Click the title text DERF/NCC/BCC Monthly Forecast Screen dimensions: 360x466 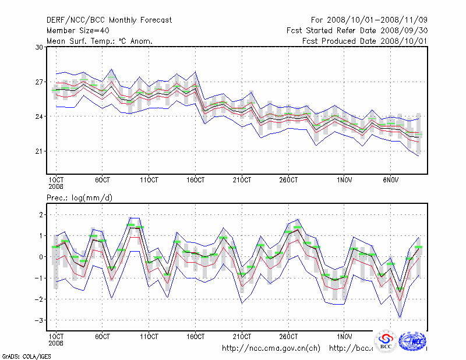coord(109,20)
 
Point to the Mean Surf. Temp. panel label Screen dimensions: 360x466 coord(100,41)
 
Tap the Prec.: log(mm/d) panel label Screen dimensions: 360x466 coord(79,198)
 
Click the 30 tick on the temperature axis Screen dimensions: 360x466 coord(40,47)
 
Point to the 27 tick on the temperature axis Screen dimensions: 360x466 coord(40,82)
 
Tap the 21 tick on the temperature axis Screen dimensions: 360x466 coord(40,151)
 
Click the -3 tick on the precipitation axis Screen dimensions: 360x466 coord(40,320)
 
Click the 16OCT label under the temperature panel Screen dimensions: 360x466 coord(196,179)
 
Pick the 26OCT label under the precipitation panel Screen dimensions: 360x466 coord(289,337)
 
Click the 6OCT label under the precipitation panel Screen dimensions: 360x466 coord(103,337)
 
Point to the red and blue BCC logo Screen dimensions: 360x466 coord(386,342)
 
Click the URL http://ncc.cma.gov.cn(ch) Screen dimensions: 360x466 coord(271,348)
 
